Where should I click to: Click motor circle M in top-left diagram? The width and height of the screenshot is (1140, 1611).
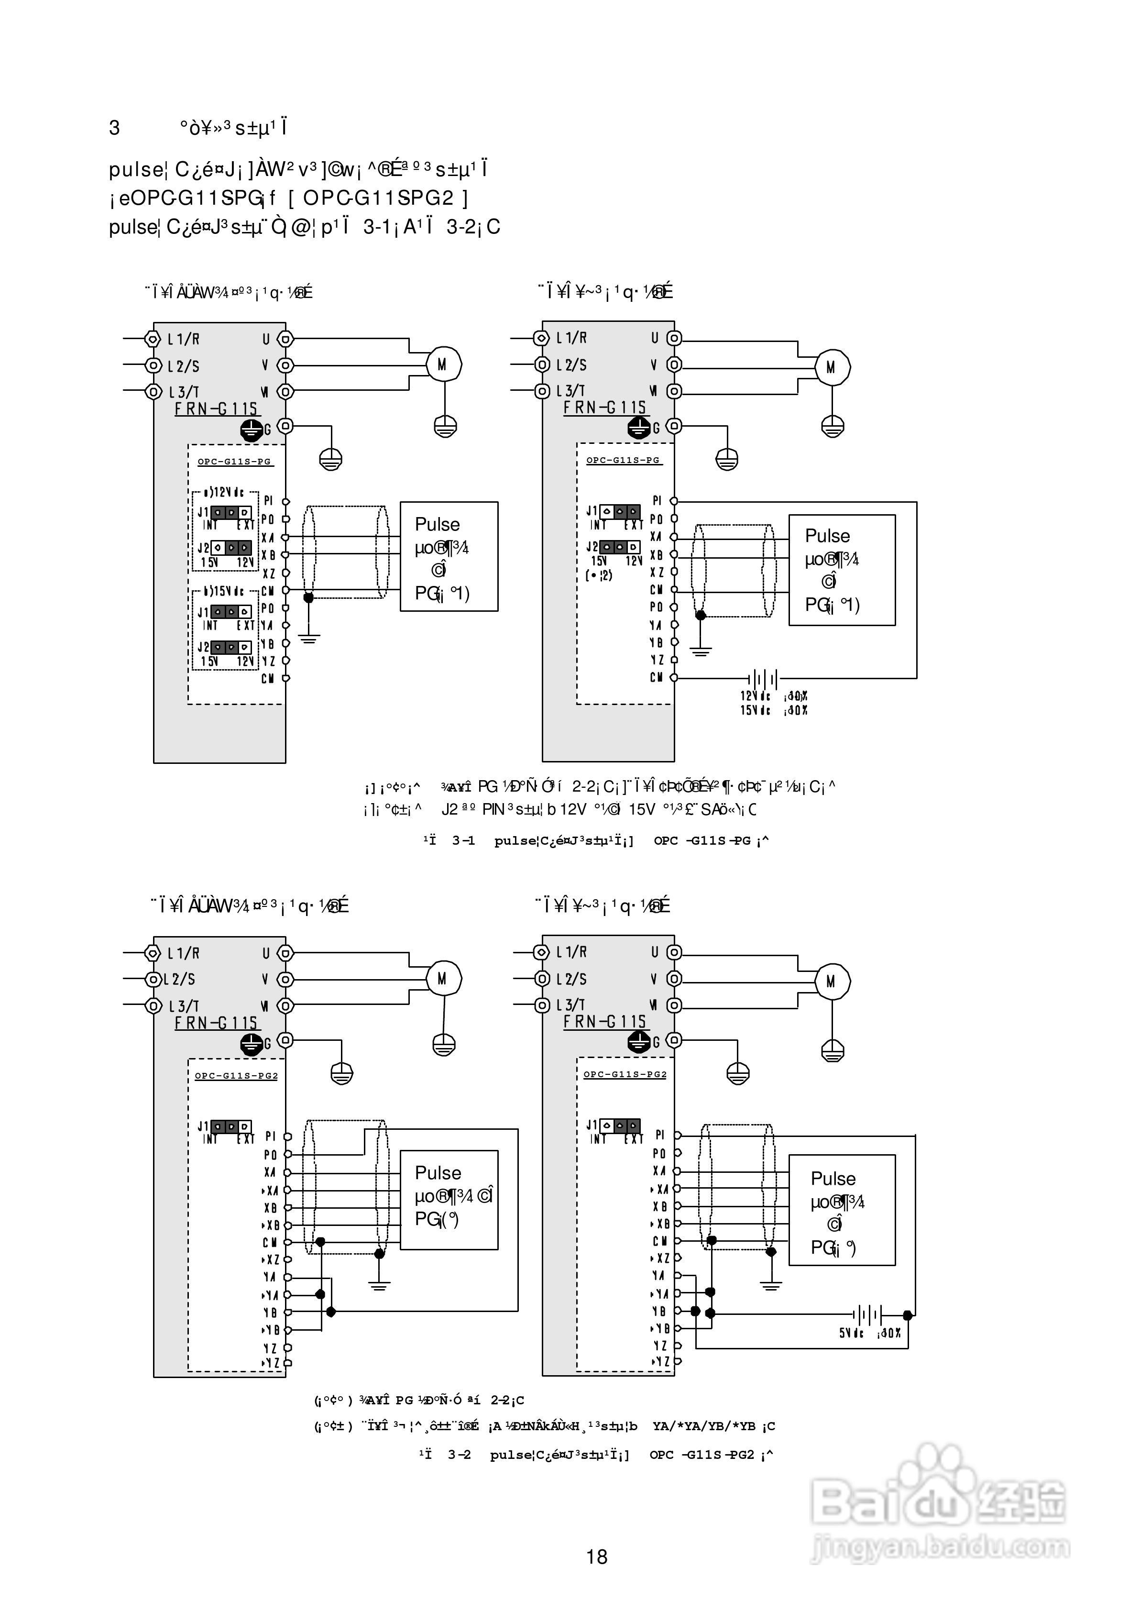tap(443, 364)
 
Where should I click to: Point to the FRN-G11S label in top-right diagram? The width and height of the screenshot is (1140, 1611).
tap(604, 407)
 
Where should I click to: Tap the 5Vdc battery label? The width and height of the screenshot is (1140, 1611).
tap(851, 1332)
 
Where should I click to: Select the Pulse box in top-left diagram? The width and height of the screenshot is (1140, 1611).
tap(449, 556)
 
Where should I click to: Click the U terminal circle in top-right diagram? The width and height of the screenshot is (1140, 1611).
tap(674, 338)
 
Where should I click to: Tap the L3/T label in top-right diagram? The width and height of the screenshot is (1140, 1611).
tap(570, 391)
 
